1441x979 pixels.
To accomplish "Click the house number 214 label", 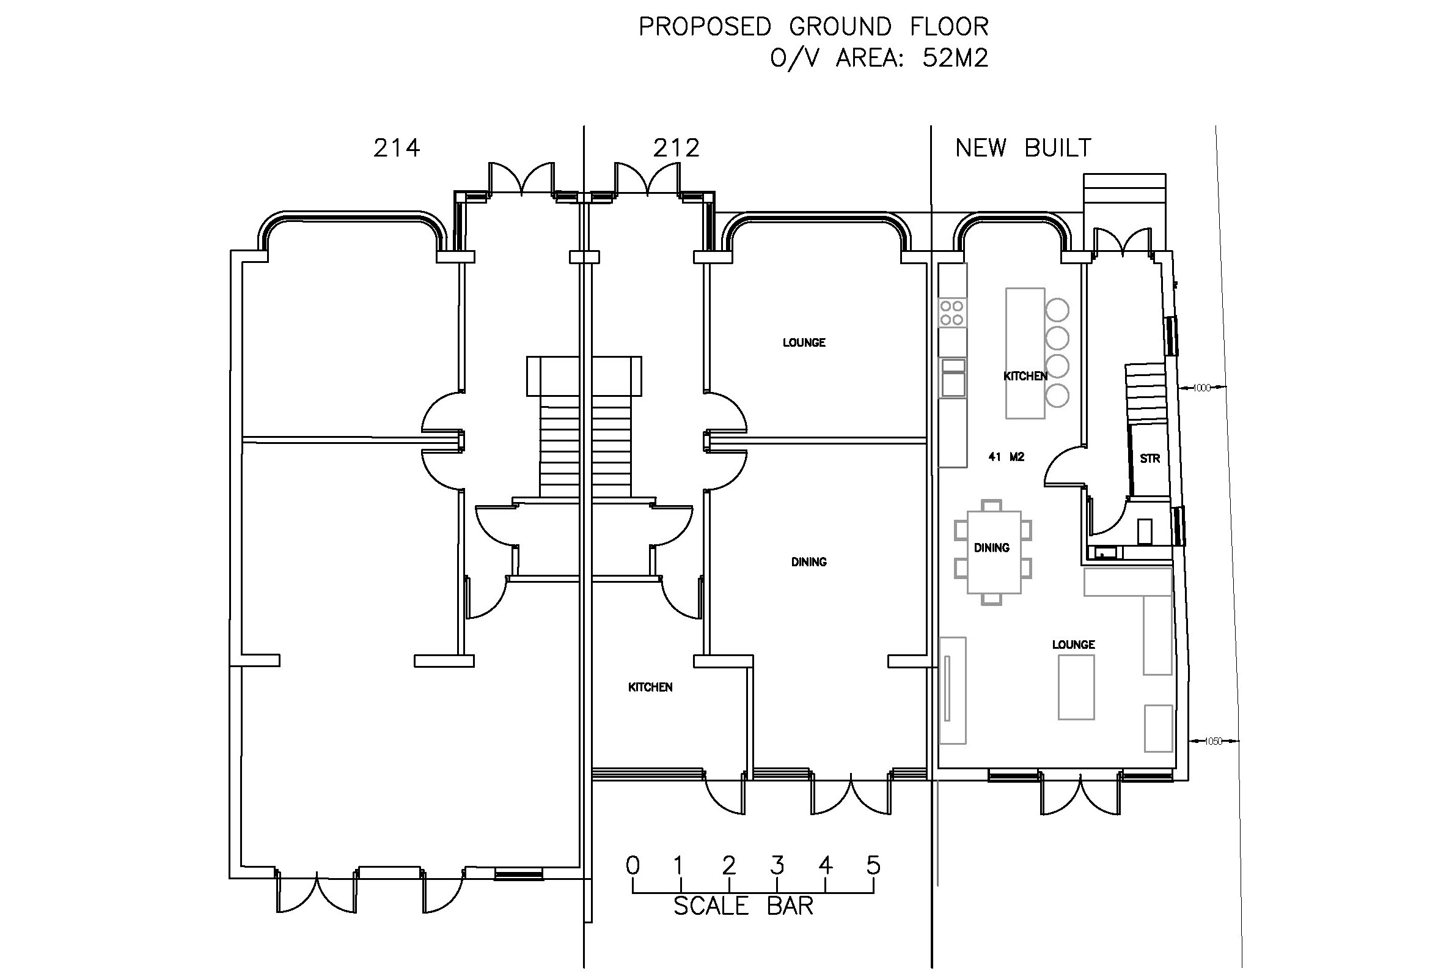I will click(x=397, y=148).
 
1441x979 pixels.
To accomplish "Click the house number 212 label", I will click(x=676, y=148).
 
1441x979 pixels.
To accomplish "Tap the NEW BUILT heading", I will click(x=1023, y=148).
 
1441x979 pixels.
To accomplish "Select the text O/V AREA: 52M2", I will click(x=879, y=58).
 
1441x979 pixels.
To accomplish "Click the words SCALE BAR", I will click(x=743, y=906).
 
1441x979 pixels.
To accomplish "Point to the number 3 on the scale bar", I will click(x=777, y=865).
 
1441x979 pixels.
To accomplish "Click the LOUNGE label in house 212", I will click(x=804, y=342).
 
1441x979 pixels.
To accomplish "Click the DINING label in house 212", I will click(x=809, y=562).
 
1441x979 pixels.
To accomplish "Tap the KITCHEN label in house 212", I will click(x=650, y=687).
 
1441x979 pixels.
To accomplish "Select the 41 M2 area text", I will click(x=1007, y=457).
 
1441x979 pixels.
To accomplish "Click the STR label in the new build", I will click(x=1149, y=459).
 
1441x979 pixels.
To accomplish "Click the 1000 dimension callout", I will click(x=1201, y=388).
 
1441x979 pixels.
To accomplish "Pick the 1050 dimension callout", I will click(x=1213, y=741).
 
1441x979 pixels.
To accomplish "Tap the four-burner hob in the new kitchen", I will click(x=952, y=312).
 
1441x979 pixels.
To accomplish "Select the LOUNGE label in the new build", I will click(x=1073, y=645).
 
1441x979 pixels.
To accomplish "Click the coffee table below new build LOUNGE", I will click(x=1076, y=687).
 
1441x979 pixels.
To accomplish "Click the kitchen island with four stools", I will click(x=1024, y=353).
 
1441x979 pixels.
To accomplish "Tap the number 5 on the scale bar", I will click(x=873, y=865).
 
